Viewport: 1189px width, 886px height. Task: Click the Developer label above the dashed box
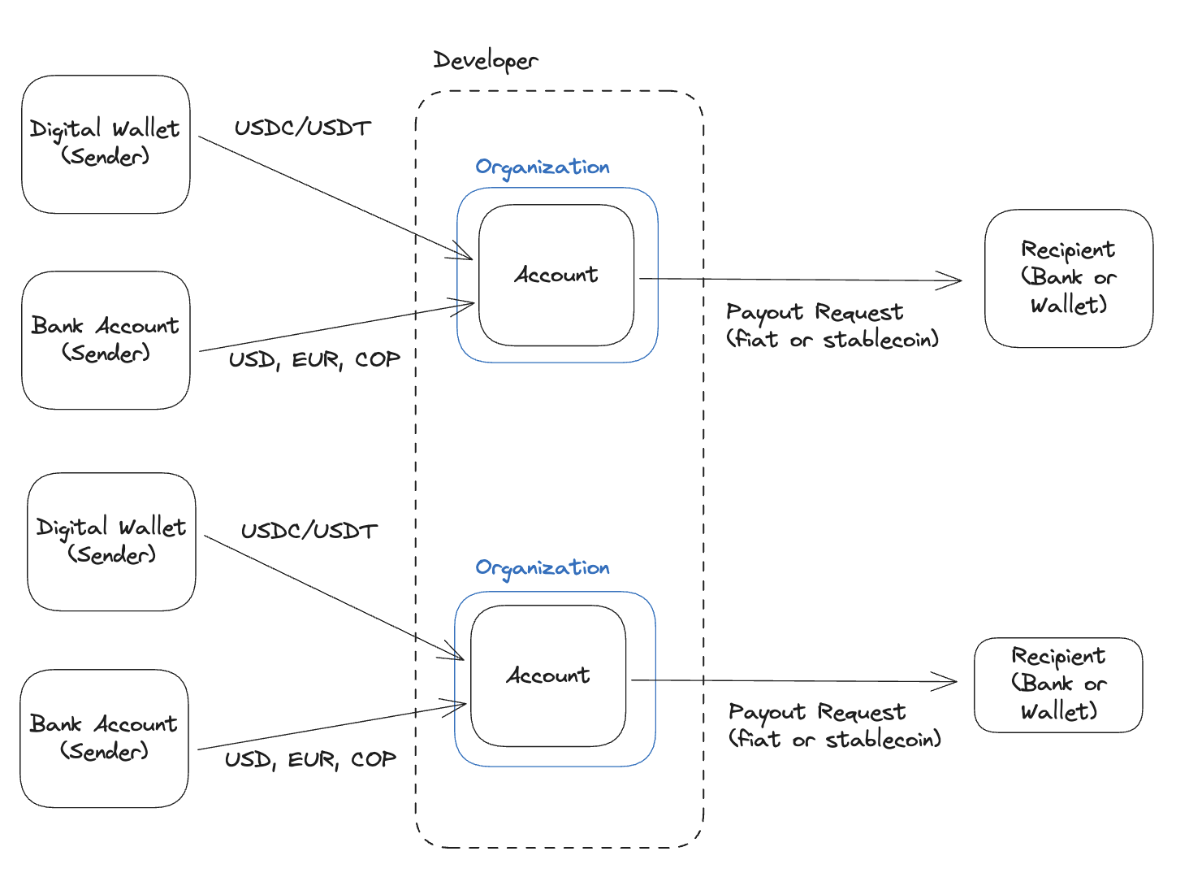click(x=485, y=61)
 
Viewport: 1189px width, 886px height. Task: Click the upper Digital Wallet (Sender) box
click(x=106, y=145)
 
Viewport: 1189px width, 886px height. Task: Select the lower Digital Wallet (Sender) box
click(x=111, y=541)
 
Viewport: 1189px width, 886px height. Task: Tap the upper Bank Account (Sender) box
click(x=106, y=341)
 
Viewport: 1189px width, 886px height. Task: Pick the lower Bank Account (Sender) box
click(x=104, y=738)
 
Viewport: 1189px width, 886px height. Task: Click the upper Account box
click(x=556, y=275)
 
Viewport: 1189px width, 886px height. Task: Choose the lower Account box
click(x=548, y=675)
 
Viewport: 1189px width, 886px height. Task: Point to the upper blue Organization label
click(x=542, y=167)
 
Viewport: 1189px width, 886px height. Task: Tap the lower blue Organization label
click(x=542, y=568)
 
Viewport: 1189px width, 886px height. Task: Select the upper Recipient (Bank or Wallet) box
click(x=1068, y=278)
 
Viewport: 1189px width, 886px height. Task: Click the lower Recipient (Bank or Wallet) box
click(x=1058, y=684)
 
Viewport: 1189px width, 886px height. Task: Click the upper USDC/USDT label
click(x=303, y=128)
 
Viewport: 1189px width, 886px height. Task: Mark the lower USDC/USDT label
click(x=309, y=531)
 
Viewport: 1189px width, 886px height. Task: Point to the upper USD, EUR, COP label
click(x=314, y=359)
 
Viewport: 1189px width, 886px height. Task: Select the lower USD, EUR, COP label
click(x=310, y=759)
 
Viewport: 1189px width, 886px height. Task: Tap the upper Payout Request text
click(x=815, y=312)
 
